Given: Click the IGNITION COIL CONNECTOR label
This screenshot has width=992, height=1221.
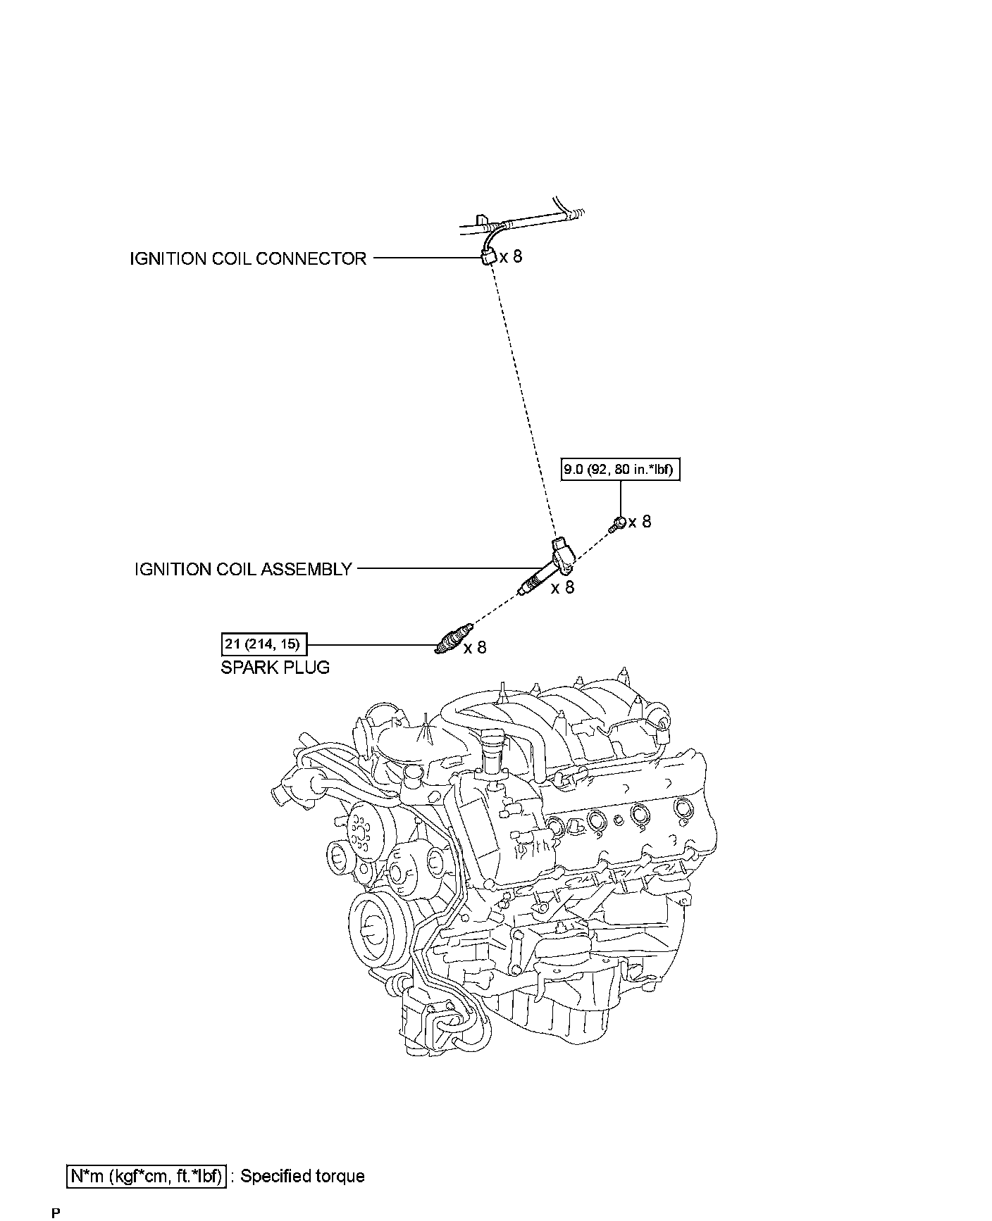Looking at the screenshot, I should click(x=248, y=258).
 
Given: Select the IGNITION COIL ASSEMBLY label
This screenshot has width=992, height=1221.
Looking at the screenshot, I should click(x=243, y=569).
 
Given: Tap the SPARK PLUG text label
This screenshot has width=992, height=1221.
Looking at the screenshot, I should click(x=275, y=667).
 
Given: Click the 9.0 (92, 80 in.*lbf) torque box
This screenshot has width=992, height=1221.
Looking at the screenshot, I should click(x=621, y=470).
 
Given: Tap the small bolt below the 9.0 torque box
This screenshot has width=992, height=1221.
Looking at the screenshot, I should click(x=618, y=523).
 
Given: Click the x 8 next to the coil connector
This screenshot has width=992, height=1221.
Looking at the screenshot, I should click(x=512, y=256).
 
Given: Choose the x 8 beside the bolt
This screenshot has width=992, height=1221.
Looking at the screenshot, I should click(x=640, y=522).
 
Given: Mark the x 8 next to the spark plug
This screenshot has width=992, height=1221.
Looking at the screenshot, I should click(x=475, y=647).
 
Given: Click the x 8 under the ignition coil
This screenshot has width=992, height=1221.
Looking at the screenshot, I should click(x=562, y=587).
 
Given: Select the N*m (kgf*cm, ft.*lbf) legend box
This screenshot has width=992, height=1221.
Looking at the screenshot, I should click(x=147, y=1176).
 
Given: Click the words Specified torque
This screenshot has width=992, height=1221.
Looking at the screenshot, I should click(x=303, y=1176).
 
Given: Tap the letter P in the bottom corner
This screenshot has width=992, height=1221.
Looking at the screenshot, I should click(x=56, y=1213).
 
